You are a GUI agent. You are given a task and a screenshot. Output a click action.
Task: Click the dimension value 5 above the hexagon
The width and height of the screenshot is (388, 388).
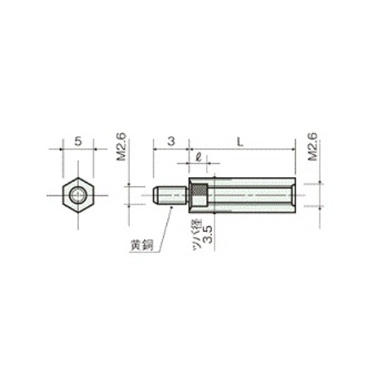tap(78, 141)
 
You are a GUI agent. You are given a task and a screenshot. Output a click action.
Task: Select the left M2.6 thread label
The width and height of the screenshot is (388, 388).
tap(121, 147)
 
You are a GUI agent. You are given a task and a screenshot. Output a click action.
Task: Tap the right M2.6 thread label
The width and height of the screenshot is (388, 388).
tap(313, 147)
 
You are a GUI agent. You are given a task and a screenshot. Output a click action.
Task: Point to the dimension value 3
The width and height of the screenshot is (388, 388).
tap(171, 141)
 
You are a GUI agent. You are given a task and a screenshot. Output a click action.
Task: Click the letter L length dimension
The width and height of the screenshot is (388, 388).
tap(240, 142)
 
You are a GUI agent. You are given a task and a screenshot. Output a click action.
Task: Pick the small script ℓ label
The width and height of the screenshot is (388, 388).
tap(198, 157)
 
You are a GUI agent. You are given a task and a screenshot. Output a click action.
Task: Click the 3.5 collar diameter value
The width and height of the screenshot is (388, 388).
tap(207, 234)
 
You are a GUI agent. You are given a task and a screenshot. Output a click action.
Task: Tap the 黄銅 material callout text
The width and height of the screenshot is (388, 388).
tap(142, 245)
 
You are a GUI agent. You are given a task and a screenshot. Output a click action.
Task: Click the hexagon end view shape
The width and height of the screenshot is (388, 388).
tap(78, 195)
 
